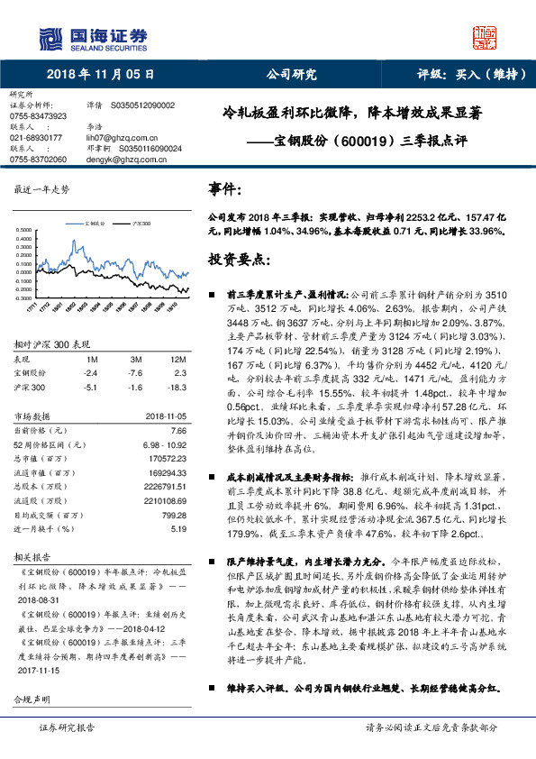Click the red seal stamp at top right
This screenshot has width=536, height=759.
tap(487, 37)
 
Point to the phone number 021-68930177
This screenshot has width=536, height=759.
tap(35, 136)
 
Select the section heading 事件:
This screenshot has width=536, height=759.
tap(224, 190)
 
